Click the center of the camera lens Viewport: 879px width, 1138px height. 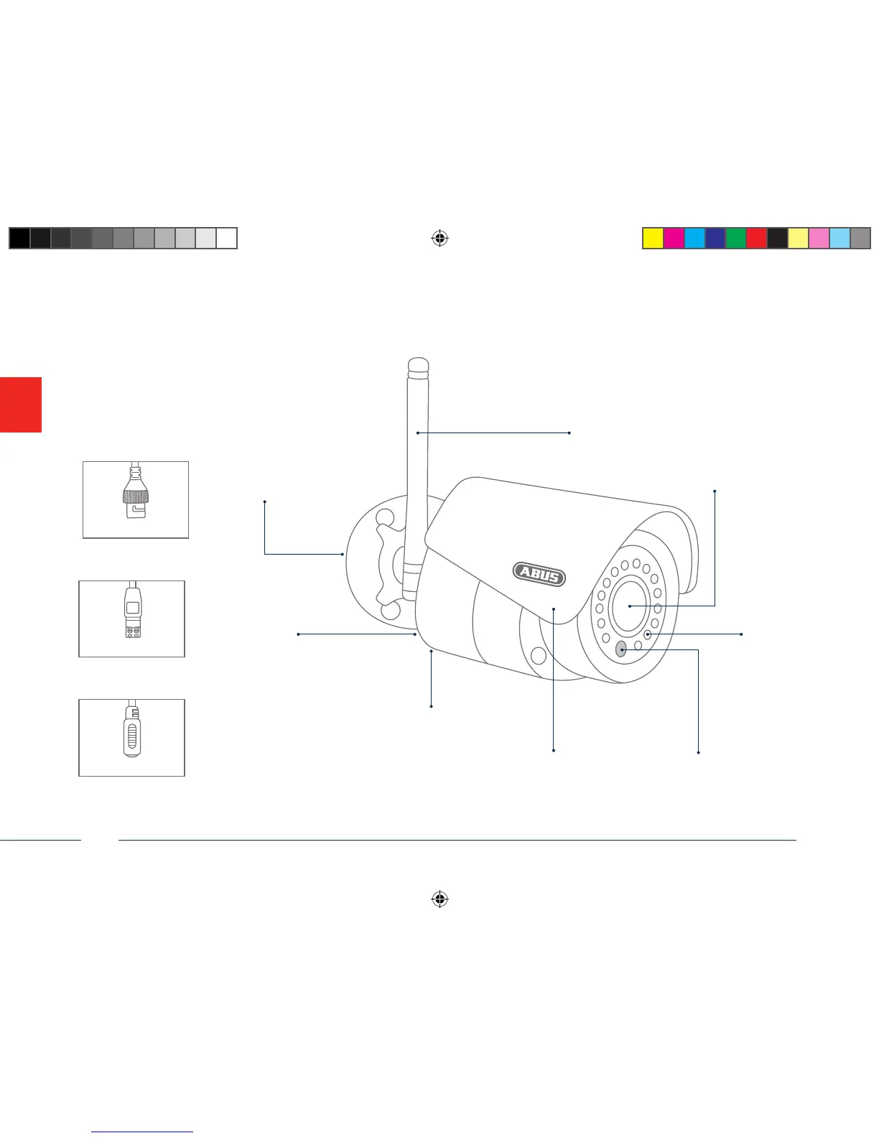click(x=629, y=606)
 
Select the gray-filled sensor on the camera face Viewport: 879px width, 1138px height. click(x=621, y=649)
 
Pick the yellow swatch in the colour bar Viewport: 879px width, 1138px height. click(x=653, y=238)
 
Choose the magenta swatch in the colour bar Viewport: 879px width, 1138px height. click(x=674, y=238)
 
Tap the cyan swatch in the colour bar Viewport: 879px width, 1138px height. click(x=694, y=238)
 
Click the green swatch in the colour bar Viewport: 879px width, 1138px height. click(x=736, y=238)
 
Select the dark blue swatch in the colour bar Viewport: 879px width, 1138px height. click(x=715, y=238)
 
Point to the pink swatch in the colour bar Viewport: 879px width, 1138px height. click(x=819, y=238)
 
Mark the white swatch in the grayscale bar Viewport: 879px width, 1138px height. click(x=227, y=238)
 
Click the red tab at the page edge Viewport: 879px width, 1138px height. click(x=20, y=404)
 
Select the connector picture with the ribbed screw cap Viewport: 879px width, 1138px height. click(x=136, y=499)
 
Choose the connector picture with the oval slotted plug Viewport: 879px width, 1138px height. click(x=131, y=737)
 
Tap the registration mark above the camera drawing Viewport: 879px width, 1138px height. click(x=440, y=239)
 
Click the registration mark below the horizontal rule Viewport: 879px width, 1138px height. click(x=440, y=899)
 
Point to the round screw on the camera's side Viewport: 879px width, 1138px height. click(x=538, y=656)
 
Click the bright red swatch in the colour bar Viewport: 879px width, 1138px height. click(x=757, y=238)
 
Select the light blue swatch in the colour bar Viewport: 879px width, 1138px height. click(x=840, y=238)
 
